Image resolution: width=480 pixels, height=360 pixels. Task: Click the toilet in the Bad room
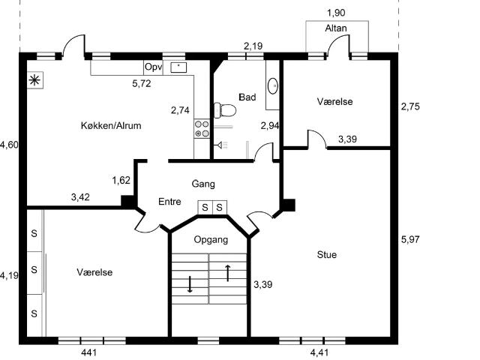point(225,110)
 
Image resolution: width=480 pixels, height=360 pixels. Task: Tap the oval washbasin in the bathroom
point(273,86)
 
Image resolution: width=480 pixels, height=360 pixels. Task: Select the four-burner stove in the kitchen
point(202,129)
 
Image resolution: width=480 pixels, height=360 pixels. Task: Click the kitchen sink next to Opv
point(178,67)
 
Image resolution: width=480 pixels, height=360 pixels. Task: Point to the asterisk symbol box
point(35,80)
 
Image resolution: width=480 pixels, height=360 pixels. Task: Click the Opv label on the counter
point(153,67)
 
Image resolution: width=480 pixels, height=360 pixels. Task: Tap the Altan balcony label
point(336,28)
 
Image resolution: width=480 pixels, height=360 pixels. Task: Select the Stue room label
point(327,254)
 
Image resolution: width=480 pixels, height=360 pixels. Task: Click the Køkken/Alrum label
point(111,125)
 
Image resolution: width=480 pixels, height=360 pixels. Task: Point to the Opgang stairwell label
point(211,240)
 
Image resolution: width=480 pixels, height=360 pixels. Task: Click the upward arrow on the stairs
point(228,273)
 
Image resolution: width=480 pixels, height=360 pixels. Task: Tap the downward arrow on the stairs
point(190,284)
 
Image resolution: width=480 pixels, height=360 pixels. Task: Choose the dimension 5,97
point(410,239)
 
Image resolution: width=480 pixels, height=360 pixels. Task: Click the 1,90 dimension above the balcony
point(336,13)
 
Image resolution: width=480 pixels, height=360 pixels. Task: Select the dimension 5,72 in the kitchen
point(142,83)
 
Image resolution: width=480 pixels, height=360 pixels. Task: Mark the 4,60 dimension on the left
point(9,145)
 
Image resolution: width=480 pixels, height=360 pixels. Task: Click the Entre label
point(169,202)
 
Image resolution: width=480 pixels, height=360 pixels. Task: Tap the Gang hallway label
point(203,184)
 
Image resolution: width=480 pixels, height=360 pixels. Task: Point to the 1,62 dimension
point(121,180)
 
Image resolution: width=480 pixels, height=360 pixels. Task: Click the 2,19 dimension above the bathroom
point(253,46)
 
